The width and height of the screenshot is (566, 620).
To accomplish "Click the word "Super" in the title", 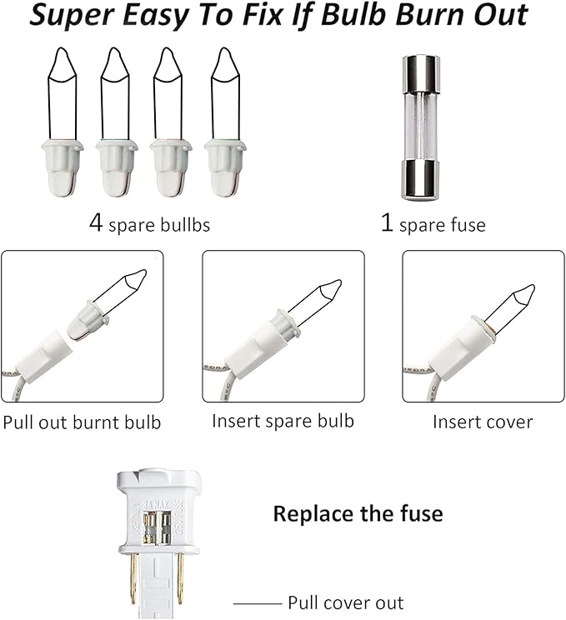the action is pos(71,16).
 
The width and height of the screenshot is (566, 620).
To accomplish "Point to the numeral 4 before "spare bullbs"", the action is pos(96,223).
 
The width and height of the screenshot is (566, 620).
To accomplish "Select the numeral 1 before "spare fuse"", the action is pos(387,222).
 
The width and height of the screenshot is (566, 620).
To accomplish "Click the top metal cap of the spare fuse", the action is pos(421,74).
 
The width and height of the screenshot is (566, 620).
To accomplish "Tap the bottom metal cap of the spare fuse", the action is pos(421,180).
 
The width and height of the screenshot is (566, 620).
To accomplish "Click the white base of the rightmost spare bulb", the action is pos(225,168).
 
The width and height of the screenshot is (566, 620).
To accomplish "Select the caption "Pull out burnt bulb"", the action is pos(82,422).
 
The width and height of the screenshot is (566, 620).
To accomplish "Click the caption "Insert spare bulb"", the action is pos(283,421).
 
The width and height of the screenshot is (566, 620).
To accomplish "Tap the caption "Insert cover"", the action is pos(483,422).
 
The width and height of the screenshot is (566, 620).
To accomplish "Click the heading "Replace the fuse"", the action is pos(358,513).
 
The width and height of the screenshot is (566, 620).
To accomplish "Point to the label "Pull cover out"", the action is pos(346,603).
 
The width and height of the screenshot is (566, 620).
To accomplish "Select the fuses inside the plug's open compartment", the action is pos(157,527).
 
